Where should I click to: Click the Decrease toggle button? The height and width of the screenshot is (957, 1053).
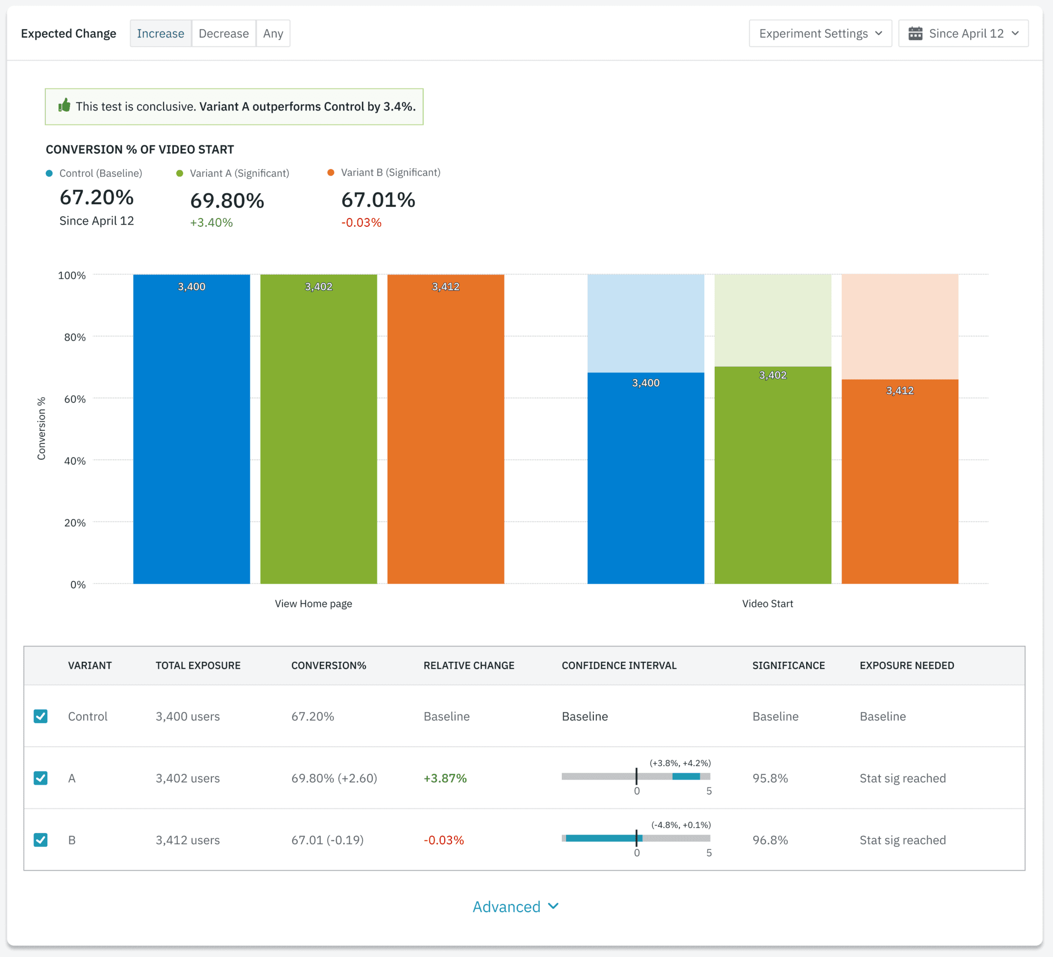click(x=224, y=33)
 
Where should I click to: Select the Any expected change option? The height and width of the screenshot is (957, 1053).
click(x=273, y=33)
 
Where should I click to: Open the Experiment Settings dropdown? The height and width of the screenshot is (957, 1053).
click(x=820, y=33)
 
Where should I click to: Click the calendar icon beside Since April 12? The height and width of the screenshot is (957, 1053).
click(x=915, y=33)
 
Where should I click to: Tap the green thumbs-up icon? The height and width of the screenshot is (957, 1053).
click(x=64, y=105)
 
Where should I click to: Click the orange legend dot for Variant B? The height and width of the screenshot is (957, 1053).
click(x=331, y=172)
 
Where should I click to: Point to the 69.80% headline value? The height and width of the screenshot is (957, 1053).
click(x=227, y=201)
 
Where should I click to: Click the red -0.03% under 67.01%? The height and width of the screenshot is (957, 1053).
click(x=361, y=223)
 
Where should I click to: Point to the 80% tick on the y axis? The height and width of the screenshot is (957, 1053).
click(x=75, y=337)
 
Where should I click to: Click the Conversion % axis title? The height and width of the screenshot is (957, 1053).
click(x=41, y=428)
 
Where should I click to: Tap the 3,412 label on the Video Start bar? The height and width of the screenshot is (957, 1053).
click(x=899, y=390)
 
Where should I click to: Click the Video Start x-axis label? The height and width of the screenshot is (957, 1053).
click(x=767, y=603)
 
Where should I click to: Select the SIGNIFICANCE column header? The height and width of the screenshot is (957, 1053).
click(x=788, y=665)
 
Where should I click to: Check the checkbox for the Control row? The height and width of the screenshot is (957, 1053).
click(x=41, y=716)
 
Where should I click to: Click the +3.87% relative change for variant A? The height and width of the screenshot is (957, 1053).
click(x=445, y=778)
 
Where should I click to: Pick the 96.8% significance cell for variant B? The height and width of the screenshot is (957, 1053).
click(x=770, y=839)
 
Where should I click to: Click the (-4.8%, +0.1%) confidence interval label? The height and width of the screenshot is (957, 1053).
click(x=681, y=824)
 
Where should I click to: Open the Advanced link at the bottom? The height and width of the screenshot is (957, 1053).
click(x=515, y=906)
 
